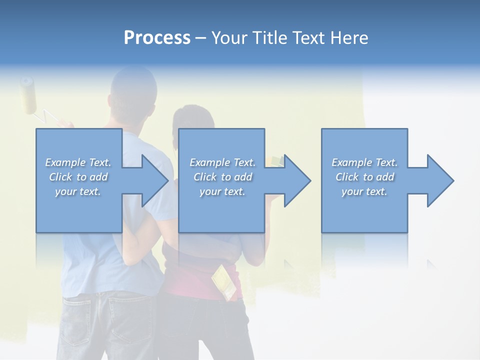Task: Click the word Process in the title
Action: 157,38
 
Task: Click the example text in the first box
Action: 78,177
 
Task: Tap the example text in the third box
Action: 364,177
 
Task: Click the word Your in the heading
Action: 230,38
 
